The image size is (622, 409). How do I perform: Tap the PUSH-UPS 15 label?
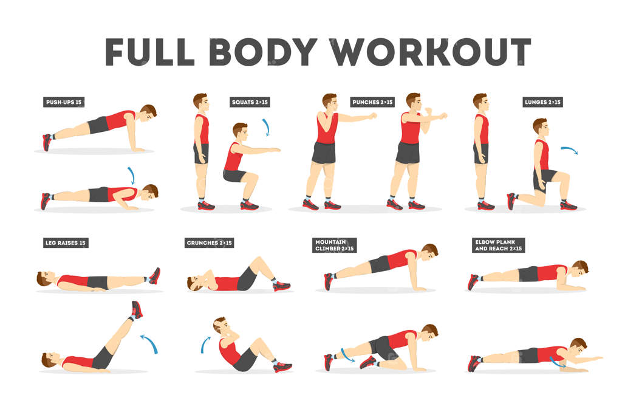64,102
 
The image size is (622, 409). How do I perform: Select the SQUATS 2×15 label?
250,102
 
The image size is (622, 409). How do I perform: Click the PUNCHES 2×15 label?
372,102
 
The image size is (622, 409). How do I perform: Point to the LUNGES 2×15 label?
542,102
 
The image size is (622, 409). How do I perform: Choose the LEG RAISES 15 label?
66,242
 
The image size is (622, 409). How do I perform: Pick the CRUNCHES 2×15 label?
209,242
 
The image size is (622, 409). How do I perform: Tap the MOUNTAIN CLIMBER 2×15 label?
335,245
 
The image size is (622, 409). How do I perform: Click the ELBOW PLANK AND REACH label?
498,245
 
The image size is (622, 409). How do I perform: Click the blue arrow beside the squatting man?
267,126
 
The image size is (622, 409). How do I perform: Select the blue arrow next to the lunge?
570,149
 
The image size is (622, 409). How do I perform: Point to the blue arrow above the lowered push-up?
132,174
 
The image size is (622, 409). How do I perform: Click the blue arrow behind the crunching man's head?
204,345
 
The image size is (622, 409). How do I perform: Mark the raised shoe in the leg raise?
137,310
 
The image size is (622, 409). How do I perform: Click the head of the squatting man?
240,132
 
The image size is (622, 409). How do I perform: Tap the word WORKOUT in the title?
431,52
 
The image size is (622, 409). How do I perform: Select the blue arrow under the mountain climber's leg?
347,356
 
